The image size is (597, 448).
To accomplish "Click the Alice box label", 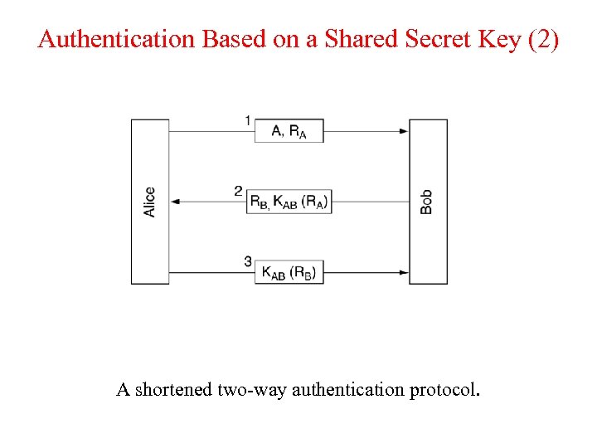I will point(149,202).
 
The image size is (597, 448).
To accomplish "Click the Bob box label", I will point(426,202).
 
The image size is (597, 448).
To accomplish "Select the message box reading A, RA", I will point(289,130).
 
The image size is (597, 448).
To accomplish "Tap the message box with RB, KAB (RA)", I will point(289,202).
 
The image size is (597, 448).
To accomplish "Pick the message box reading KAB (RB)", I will point(289,272).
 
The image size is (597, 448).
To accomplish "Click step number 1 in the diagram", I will point(248,121).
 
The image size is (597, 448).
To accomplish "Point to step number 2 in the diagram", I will point(238,192).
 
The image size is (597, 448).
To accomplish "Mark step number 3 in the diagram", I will point(248,262).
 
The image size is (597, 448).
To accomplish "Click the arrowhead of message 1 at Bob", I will point(404,131).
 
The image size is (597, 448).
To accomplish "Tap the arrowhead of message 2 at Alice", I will point(174,202).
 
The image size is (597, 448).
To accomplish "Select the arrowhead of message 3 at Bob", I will point(404,272).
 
